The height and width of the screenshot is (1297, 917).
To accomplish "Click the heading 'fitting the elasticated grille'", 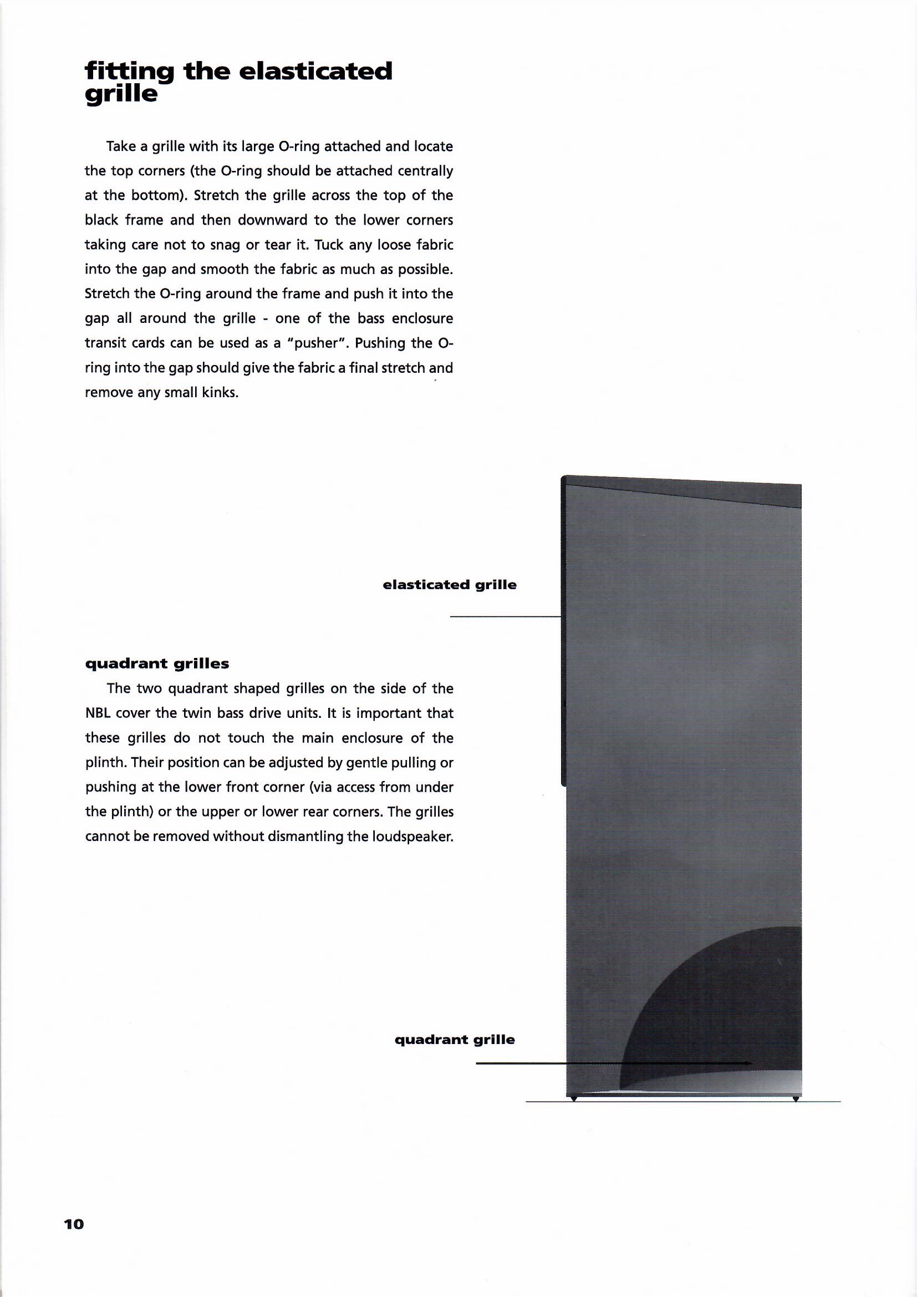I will tap(238, 82).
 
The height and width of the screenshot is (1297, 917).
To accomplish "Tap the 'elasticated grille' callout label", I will tap(450, 585).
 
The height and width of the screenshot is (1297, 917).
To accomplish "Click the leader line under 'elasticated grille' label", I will tap(504, 617).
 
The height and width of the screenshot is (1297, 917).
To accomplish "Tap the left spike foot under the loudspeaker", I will tap(573, 1099).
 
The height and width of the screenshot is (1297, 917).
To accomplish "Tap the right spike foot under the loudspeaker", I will tap(796, 1099).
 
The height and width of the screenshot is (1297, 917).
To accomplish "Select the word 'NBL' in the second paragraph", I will tap(96, 713).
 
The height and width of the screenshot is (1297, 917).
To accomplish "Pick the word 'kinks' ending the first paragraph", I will tap(222, 393).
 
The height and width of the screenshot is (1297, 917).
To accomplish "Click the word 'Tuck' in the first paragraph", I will tap(330, 245).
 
